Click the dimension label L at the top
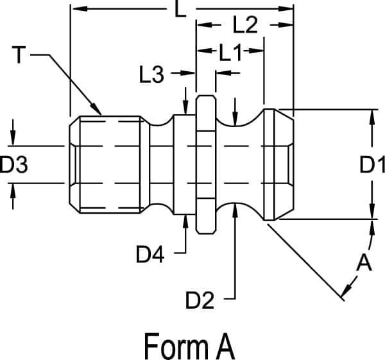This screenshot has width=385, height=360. [183, 11]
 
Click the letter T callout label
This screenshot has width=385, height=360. [19, 56]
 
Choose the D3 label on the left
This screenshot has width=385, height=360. [13, 166]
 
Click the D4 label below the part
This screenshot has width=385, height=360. [150, 255]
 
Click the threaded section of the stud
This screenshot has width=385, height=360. [106, 165]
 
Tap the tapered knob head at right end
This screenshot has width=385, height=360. [277, 165]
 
